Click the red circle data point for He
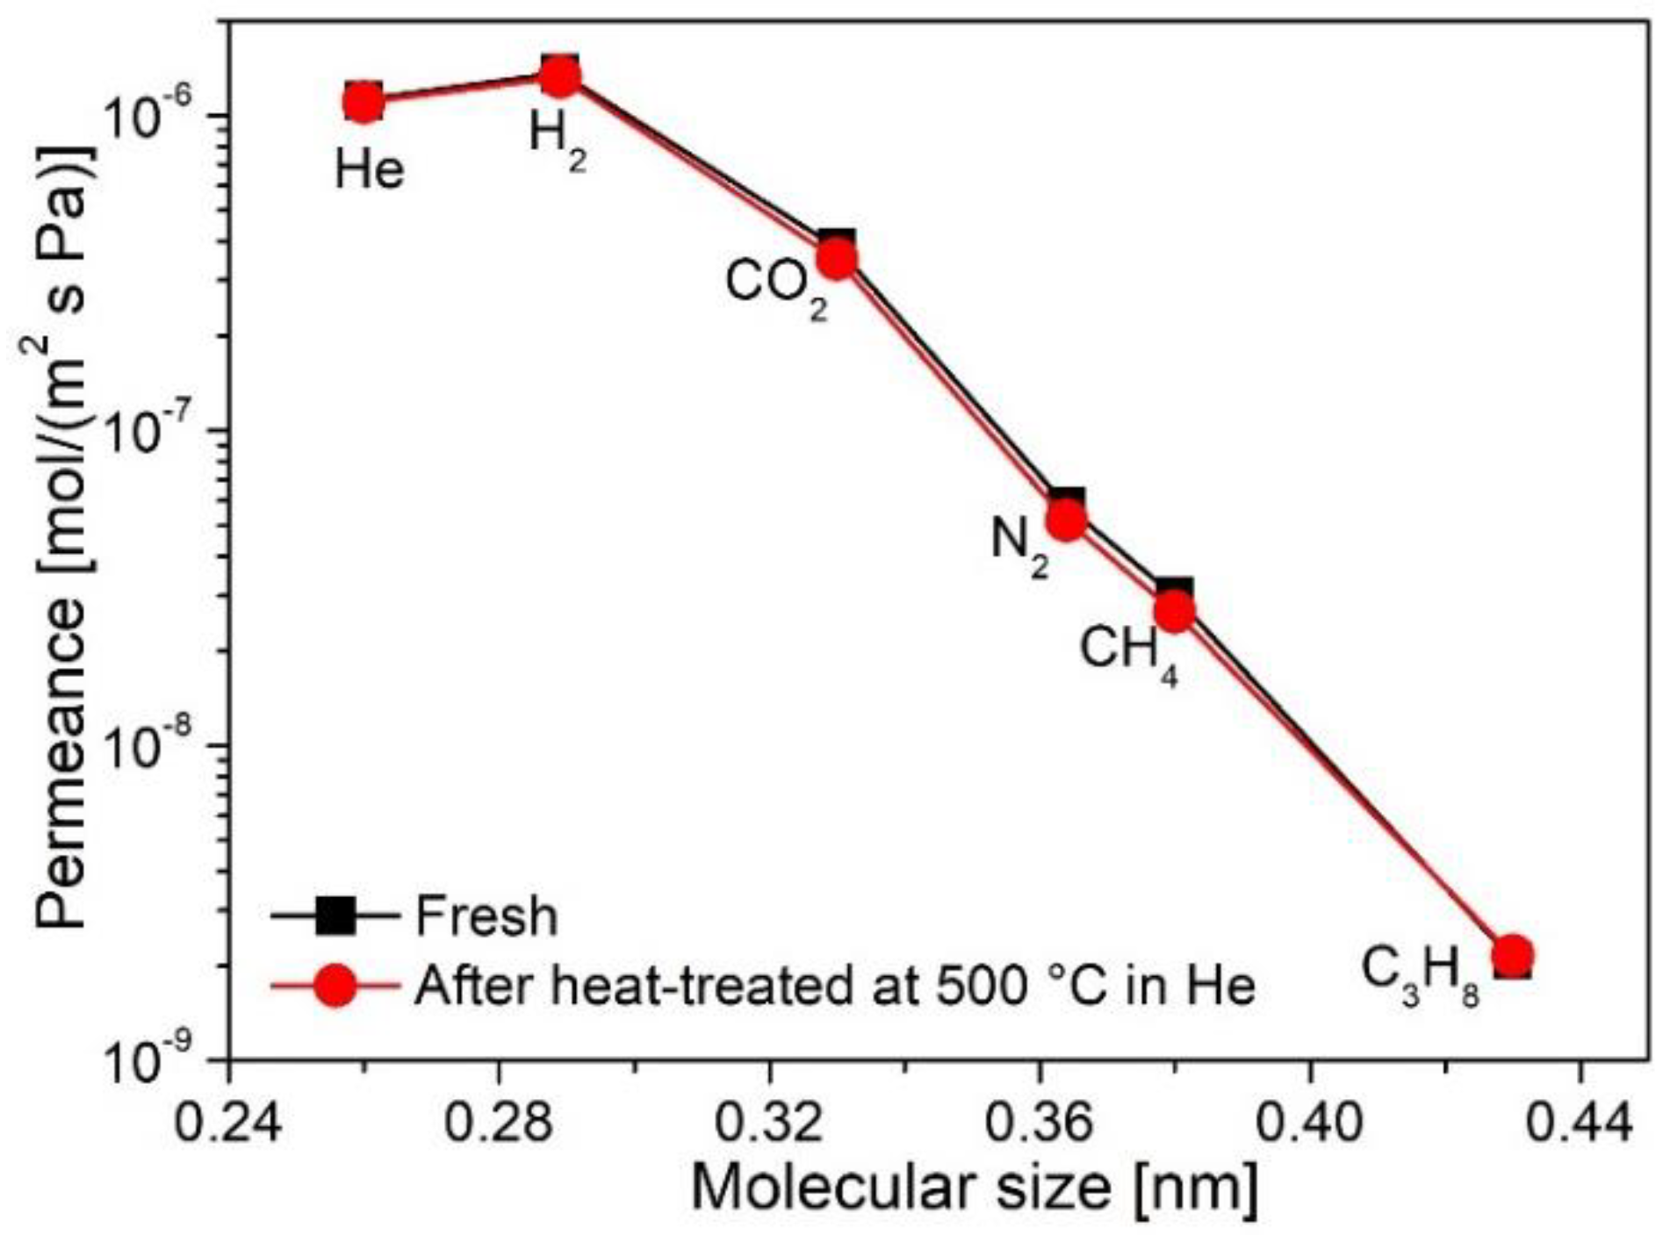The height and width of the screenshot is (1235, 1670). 363,102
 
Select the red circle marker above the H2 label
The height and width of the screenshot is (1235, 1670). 559,76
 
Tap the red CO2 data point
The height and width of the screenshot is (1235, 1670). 837,259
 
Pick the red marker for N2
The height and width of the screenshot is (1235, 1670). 1068,521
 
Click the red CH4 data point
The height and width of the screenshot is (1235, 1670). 1175,611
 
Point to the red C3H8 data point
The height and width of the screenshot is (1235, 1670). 1513,954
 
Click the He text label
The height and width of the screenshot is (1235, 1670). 370,169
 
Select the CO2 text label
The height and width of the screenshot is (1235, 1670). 776,286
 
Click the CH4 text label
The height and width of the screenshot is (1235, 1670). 1128,653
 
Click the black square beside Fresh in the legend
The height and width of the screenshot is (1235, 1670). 335,916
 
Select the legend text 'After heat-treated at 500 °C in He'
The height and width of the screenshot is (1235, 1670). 834,985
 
